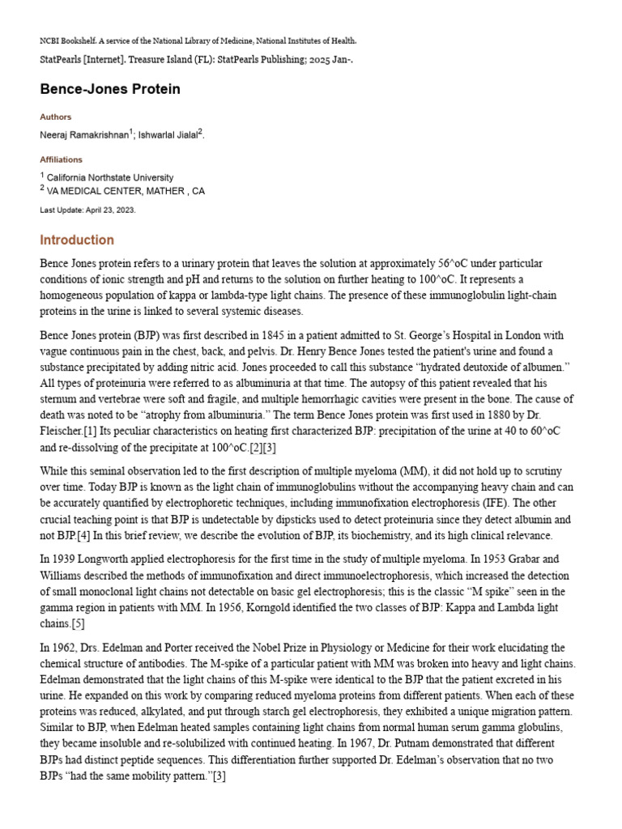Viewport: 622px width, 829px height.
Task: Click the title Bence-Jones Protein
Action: pyautogui.click(x=110, y=89)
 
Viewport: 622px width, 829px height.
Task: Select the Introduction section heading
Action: pyautogui.click(x=77, y=240)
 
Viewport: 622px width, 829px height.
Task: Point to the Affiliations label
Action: pyautogui.click(x=62, y=159)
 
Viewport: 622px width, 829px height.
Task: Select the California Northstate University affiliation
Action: pyautogui.click(x=109, y=177)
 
